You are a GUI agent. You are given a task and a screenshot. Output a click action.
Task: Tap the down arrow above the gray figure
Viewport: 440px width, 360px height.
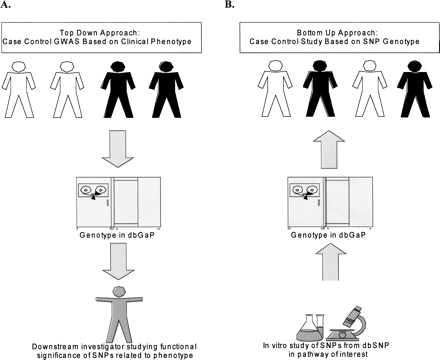(x=112, y=258)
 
